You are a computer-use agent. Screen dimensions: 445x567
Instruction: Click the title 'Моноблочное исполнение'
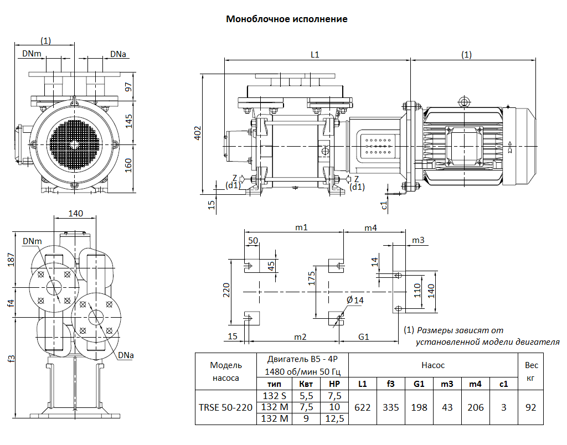286,19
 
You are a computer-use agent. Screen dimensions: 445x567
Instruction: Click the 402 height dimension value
198,133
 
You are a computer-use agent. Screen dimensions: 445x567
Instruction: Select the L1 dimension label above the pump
315,54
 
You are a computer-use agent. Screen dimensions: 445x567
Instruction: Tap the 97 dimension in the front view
129,86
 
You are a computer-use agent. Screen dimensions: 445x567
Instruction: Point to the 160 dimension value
129,165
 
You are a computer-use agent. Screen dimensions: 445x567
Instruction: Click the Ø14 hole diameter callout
355,301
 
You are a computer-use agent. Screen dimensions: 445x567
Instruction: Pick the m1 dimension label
301,227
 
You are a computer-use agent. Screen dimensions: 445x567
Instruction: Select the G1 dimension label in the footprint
364,337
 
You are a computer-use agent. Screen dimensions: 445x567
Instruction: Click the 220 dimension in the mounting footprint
226,291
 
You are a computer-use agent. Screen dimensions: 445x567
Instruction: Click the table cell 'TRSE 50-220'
226,407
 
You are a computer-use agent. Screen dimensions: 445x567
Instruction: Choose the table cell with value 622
363,407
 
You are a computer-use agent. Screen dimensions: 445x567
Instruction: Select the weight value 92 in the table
530,407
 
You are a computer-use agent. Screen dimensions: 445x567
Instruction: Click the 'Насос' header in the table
433,365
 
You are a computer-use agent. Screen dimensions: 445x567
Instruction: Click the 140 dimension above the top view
76,214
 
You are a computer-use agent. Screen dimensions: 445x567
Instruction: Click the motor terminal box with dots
380,146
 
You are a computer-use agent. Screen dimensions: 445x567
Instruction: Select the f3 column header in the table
391,384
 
